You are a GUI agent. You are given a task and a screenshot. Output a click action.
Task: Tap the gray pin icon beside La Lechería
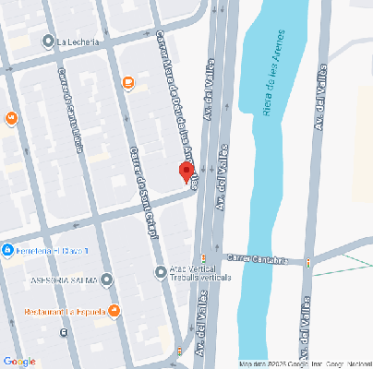pos(49,42)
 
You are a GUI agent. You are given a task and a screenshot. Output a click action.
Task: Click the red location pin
pos(186,173)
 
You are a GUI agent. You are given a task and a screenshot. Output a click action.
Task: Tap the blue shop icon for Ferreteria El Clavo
pos(6,251)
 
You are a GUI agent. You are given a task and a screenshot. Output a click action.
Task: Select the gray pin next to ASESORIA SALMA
pos(107,279)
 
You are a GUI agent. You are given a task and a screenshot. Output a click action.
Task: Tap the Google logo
pos(20,361)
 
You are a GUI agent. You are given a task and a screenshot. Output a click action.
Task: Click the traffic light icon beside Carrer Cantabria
pos(307,261)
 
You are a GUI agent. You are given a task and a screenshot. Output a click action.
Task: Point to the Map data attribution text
pos(305,363)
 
